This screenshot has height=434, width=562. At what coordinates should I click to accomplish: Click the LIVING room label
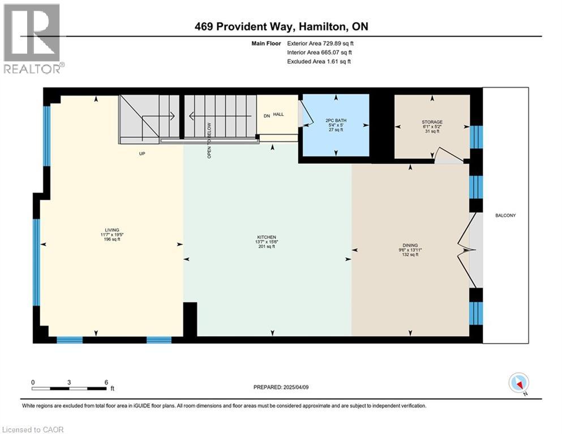coord(112,230)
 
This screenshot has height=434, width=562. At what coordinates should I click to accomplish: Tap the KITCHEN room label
coord(267,237)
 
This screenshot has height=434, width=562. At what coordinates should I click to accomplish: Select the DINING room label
coord(410,245)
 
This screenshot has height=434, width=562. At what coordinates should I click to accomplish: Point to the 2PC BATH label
coord(336,120)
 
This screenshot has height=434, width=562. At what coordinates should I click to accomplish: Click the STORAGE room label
coord(432,122)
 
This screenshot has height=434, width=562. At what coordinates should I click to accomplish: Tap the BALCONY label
coord(505,215)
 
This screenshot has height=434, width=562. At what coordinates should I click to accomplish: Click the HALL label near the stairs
coord(278,115)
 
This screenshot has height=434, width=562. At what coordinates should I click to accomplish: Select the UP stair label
coord(142,154)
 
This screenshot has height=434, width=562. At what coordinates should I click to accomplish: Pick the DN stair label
coord(267,116)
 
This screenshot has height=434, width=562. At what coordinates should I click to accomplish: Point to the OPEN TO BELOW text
coord(209,140)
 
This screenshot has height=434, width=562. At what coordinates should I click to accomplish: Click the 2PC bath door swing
coord(306,113)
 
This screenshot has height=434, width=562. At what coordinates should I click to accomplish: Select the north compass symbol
coord(519,383)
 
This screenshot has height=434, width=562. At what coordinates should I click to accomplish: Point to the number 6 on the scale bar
coord(106,382)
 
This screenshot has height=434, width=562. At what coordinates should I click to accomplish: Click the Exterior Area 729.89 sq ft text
coord(320,44)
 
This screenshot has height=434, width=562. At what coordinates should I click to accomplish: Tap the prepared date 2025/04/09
coord(296,387)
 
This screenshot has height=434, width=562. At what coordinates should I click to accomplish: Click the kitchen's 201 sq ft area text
coord(267,246)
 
